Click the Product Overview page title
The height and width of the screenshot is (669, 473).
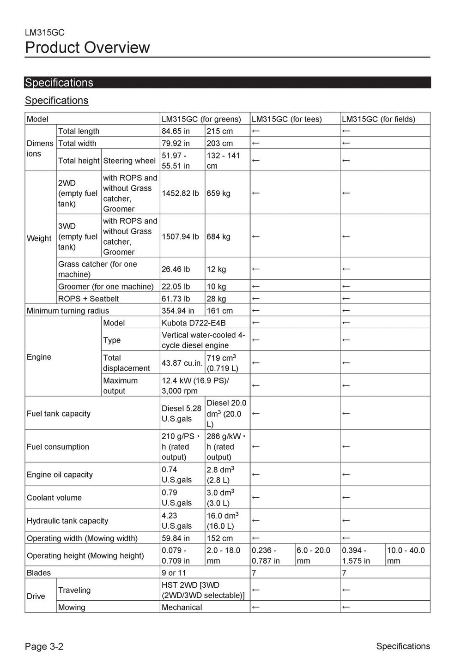tap(87, 48)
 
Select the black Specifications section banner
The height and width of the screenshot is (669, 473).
tap(227, 83)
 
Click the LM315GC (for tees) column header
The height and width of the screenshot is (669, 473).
tap(287, 119)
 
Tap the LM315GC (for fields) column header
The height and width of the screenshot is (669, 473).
tap(378, 119)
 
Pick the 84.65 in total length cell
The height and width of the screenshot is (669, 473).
tap(176, 131)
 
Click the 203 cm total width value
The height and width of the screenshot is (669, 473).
tap(220, 143)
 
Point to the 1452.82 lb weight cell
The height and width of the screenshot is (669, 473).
tap(180, 193)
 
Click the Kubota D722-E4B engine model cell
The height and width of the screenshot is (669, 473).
tap(194, 323)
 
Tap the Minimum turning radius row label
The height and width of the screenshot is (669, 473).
tap(68, 311)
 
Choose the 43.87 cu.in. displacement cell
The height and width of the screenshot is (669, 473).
tap(182, 363)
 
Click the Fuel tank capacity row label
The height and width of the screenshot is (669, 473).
tap(59, 414)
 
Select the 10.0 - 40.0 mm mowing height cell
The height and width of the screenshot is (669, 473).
tap(406, 555)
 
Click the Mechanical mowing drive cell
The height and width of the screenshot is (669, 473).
tap(182, 607)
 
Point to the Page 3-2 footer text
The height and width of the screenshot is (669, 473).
tap(44, 646)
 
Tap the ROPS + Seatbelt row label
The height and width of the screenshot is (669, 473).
tap(89, 299)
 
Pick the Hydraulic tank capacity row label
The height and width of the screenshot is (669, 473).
tap(67, 521)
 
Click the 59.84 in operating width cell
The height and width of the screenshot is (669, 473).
tap(176, 538)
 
